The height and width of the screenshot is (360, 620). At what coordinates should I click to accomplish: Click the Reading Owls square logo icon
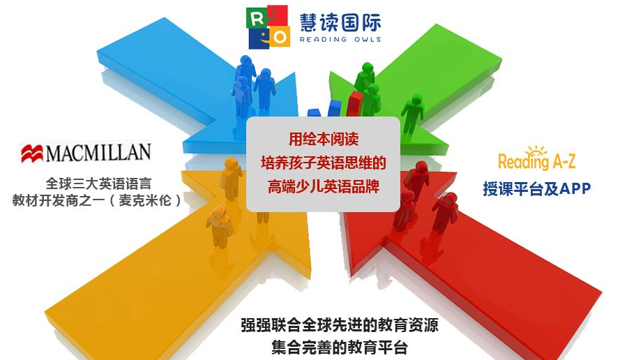coord(268,27)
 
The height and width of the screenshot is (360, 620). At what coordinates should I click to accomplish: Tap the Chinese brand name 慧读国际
coord(340,22)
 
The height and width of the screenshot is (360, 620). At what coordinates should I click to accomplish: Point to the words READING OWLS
coord(340,40)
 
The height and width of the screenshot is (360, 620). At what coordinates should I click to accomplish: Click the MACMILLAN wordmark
coord(98,153)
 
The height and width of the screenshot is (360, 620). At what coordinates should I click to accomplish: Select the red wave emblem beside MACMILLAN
coord(32,153)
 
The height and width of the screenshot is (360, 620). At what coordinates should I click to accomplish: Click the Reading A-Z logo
coord(536,159)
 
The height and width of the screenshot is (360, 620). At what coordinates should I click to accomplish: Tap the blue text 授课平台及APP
coord(536,188)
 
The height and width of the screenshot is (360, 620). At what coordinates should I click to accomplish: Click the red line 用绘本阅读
coord(324,140)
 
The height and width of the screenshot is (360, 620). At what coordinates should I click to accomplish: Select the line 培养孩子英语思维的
coord(323,163)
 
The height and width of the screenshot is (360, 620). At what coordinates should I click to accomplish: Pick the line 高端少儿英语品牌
coord(324,186)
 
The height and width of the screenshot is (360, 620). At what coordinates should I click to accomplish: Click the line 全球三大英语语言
coord(98,183)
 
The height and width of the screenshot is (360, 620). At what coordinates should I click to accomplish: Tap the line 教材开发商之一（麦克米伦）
coord(97,200)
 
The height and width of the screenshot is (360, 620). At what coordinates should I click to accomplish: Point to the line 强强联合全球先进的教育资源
coord(339,325)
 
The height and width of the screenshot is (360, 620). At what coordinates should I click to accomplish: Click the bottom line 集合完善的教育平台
coord(339,347)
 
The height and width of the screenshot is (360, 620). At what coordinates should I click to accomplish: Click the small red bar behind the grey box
coord(355,104)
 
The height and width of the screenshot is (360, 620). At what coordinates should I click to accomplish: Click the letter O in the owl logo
coord(280,38)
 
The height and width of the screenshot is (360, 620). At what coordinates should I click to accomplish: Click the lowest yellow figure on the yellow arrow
coord(219,227)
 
